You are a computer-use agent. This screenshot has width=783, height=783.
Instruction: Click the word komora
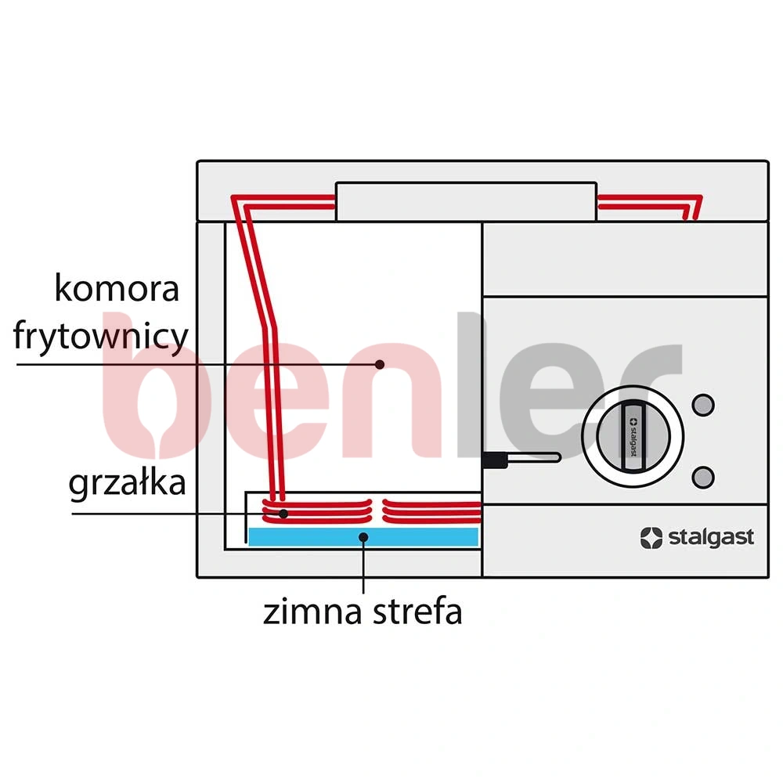pyautogui.click(x=117, y=288)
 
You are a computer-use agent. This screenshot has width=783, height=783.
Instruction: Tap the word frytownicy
pyautogui.click(x=101, y=336)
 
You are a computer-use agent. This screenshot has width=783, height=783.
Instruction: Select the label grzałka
pyautogui.click(x=127, y=483)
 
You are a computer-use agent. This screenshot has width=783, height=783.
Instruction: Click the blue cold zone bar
pyautogui.click(x=363, y=537)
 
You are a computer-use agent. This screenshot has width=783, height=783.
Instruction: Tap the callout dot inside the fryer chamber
pyautogui.click(x=380, y=365)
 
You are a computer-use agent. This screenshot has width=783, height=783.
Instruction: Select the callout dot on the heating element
pyautogui.click(x=283, y=514)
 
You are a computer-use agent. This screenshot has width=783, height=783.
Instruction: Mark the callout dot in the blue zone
pyautogui.click(x=363, y=537)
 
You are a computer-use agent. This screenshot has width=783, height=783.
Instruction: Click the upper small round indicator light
pyautogui.click(x=703, y=405)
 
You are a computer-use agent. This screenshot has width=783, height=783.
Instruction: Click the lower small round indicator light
pyautogui.click(x=703, y=477)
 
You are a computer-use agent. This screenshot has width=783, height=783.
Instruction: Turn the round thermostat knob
pyautogui.click(x=633, y=436)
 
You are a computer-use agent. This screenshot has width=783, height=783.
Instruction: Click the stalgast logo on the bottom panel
pyautogui.click(x=697, y=538)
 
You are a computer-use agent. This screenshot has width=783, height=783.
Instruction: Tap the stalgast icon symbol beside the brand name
pyautogui.click(x=651, y=538)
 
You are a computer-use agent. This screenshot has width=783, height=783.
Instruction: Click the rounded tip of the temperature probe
pyautogui.click(x=557, y=457)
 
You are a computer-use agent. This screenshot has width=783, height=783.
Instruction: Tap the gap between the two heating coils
pyautogui.click(x=377, y=511)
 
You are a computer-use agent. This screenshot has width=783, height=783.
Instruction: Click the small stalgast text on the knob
pyautogui.click(x=633, y=438)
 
